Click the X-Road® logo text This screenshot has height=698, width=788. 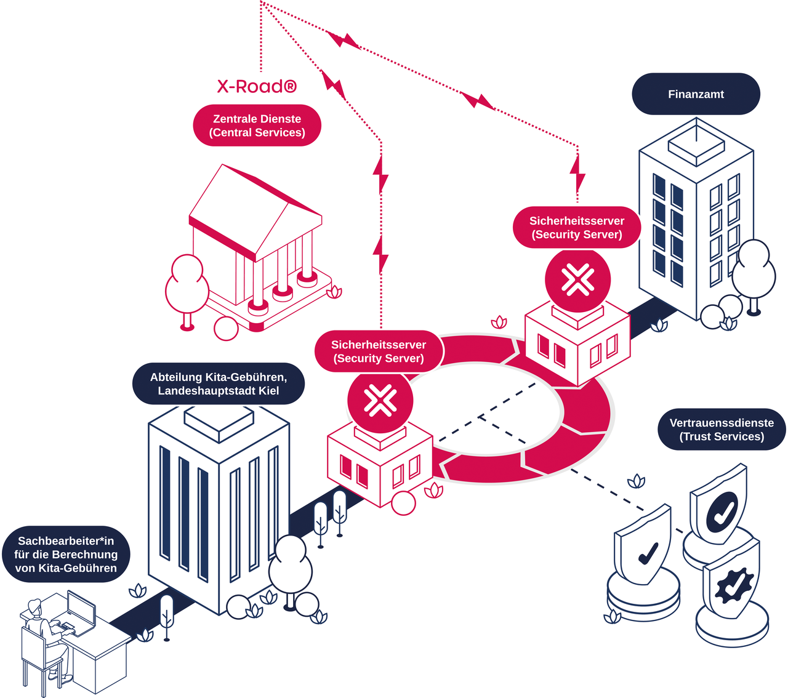[x=257, y=86]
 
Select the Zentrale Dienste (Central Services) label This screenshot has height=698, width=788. [x=257, y=126]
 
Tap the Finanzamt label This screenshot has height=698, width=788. [x=696, y=94]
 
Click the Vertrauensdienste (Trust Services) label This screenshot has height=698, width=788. [x=722, y=430]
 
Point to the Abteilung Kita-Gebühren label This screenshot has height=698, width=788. [x=219, y=383]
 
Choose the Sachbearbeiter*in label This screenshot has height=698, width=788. [x=66, y=554]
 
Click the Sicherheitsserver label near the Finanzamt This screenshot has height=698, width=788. [x=577, y=227]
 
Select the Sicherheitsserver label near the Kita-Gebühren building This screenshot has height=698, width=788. [x=379, y=351]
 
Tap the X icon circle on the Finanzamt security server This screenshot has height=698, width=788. [x=577, y=280]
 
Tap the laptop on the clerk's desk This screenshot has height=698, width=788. [x=80, y=611]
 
